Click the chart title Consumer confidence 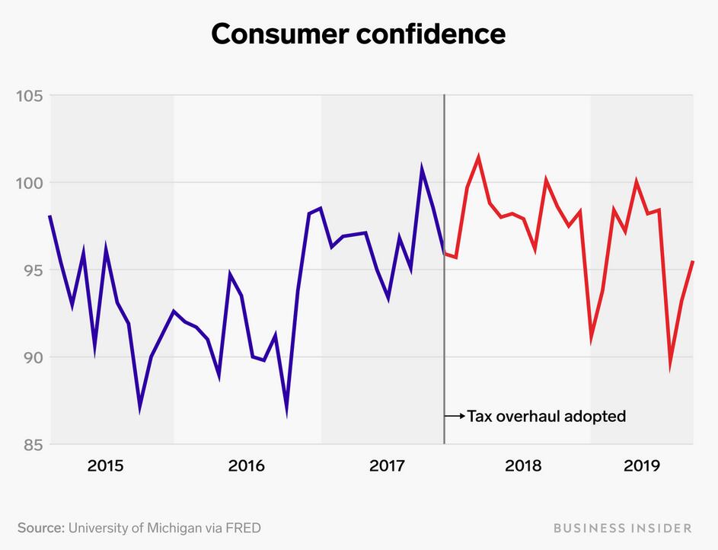tap(358, 34)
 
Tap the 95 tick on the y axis tap(30, 270)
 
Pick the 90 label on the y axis tap(30, 357)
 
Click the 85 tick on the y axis tap(30, 444)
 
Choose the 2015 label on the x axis tap(106, 465)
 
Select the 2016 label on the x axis tap(247, 465)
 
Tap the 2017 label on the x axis tap(387, 465)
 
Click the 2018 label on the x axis tap(523, 465)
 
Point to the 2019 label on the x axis tap(642, 465)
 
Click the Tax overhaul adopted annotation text tap(546, 417)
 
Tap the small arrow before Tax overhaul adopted tap(455, 417)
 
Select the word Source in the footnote tap(40, 527)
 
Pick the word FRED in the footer tap(252, 527)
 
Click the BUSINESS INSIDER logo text tap(623, 527)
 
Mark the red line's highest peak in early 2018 tap(478, 158)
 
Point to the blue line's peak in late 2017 tap(421, 167)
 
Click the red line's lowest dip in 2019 tap(670, 366)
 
